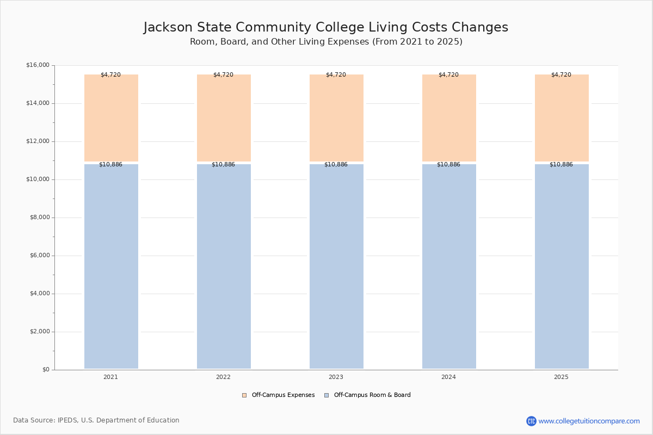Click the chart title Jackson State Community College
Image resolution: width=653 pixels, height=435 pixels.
[325, 28]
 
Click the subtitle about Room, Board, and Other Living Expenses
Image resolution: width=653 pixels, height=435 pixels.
[326, 42]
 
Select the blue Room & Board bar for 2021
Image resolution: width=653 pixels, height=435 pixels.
[111, 266]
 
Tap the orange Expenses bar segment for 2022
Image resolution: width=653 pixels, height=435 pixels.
[224, 118]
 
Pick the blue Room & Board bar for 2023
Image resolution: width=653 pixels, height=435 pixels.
[336, 266]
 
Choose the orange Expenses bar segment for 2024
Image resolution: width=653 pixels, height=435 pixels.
[449, 118]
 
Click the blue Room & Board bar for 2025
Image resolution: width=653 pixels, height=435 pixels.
[562, 266]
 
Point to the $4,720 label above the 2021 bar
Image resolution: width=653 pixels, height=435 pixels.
[110, 75]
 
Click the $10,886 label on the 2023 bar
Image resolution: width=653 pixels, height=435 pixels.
[336, 165]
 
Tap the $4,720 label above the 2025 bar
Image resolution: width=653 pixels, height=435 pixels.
[561, 75]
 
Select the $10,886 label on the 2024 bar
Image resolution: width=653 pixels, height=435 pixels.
[448, 165]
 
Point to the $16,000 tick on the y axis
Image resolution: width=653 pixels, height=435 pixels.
[38, 65]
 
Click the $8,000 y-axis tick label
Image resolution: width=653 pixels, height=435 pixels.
[39, 217]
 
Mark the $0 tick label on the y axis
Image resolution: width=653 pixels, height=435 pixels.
[45, 370]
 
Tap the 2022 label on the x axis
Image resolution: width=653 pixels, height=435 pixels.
[223, 377]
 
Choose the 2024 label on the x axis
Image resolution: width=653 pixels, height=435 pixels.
[448, 377]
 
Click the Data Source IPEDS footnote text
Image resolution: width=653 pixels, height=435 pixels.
[96, 420]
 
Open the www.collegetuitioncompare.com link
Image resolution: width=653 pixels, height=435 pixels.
[589, 421]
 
